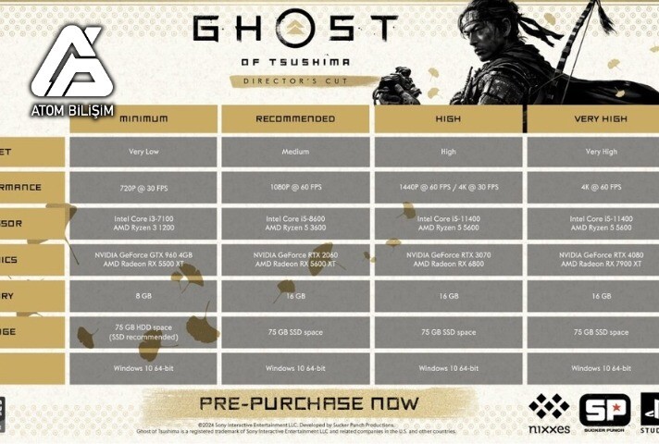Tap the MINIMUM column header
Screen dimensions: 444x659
point(143,118)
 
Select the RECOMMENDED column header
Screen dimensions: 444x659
point(295,118)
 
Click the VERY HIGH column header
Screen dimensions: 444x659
point(600,118)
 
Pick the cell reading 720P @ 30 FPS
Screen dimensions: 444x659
point(143,187)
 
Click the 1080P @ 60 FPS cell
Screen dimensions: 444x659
point(295,187)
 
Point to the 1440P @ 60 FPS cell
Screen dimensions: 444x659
point(448,187)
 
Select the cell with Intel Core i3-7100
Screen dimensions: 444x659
point(143,223)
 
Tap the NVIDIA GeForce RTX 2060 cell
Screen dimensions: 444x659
point(295,259)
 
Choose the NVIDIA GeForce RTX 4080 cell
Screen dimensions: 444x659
point(600,259)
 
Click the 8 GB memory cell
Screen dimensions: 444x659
point(143,296)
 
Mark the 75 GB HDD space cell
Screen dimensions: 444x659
point(143,332)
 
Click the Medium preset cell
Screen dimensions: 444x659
point(295,151)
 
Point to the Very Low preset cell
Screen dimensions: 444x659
point(143,151)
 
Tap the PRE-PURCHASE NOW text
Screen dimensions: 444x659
point(309,404)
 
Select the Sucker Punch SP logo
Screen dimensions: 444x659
point(603,413)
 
